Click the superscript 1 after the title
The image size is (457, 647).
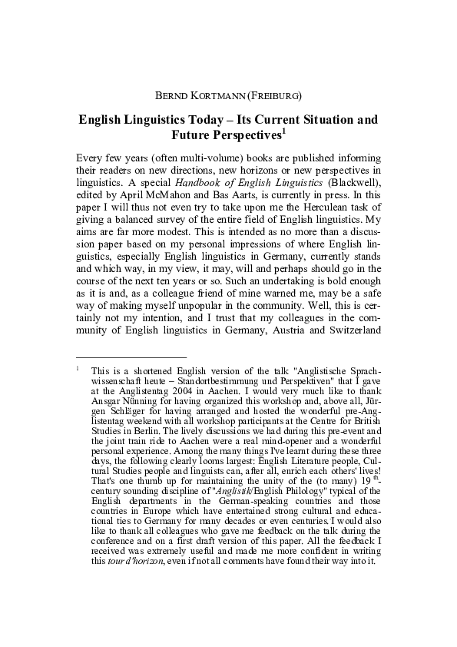click(283, 131)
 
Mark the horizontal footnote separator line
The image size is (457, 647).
click(131, 357)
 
